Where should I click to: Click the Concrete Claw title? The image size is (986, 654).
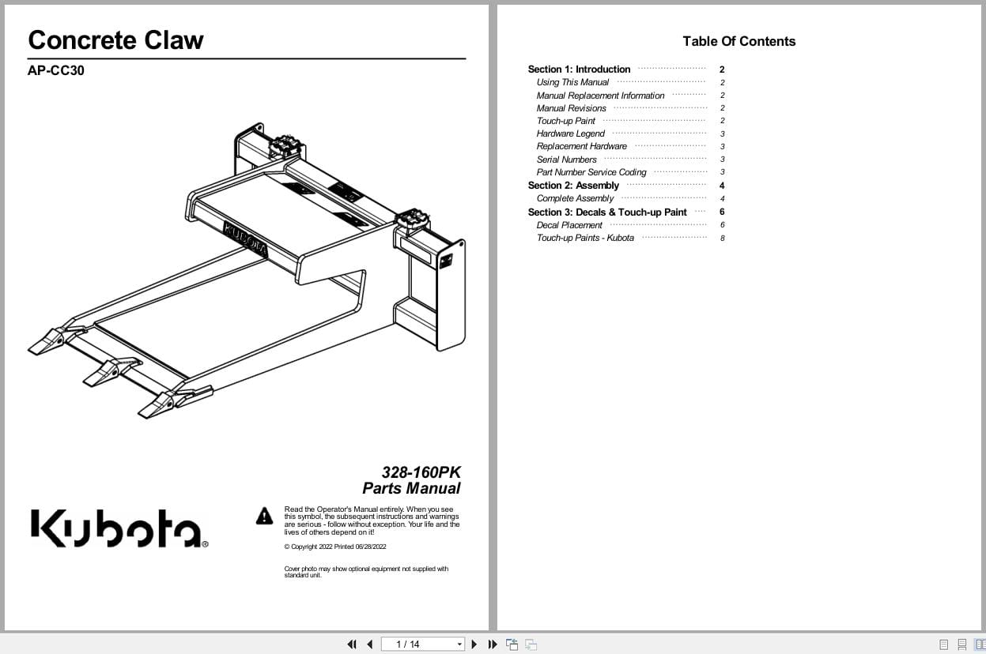pos(115,40)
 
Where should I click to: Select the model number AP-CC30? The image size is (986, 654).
pos(55,70)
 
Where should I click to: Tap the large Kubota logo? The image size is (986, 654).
pos(119,528)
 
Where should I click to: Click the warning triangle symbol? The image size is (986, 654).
pos(264,516)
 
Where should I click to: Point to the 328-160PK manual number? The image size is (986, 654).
pos(421,472)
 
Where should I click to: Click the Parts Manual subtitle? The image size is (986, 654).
pos(411,488)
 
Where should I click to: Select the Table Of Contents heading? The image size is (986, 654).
pos(739,42)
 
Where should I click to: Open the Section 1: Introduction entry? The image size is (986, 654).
pos(579,70)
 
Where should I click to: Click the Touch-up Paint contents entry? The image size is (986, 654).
pos(565,121)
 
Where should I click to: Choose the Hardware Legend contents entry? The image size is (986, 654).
pos(570,133)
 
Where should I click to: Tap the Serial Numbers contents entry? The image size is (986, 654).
pos(566,160)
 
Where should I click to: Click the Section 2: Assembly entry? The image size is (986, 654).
pos(573,186)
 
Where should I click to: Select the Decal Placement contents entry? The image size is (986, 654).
pos(569,225)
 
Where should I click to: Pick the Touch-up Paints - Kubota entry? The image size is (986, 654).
pos(585,238)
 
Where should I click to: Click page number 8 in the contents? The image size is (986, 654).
pos(722,238)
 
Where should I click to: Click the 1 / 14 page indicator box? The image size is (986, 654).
pos(422,645)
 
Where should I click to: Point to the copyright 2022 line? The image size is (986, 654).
pos(334,547)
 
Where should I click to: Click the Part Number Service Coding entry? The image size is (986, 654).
pos(591,172)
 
